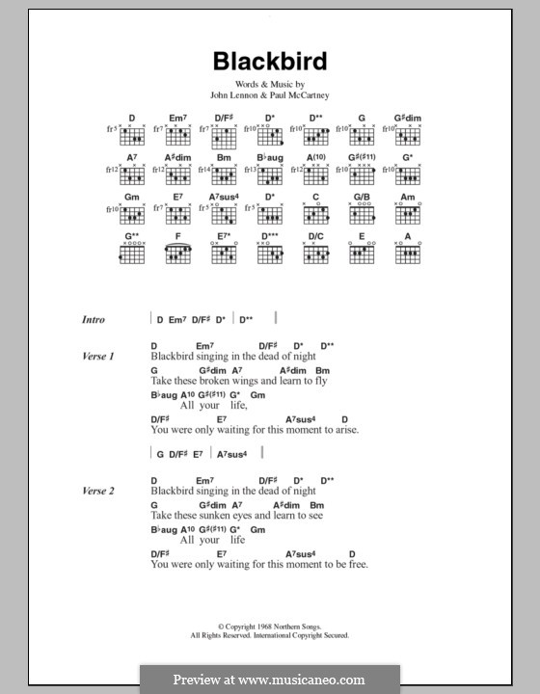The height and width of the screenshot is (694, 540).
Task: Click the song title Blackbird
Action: tap(270, 62)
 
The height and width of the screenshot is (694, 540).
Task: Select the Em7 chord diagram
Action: tap(178, 135)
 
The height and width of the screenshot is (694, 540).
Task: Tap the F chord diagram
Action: tap(178, 254)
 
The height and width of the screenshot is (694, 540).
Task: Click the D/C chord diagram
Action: tap(315, 254)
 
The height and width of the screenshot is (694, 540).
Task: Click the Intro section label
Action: tap(94, 319)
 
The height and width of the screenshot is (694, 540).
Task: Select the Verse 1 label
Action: tap(98, 358)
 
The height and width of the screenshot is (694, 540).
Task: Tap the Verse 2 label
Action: tap(98, 492)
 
